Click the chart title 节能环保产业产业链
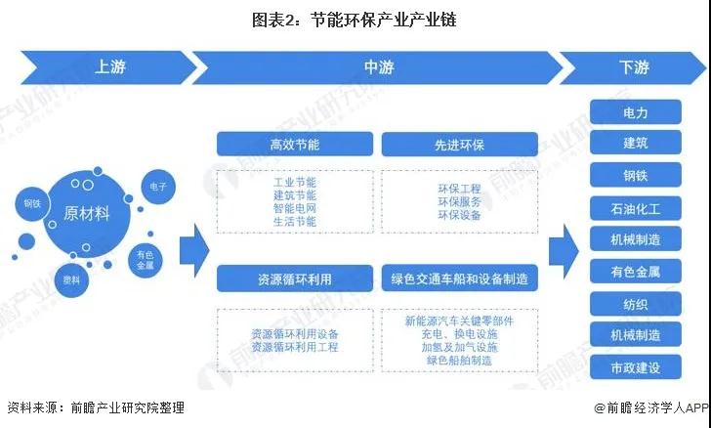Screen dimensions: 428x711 (355, 19)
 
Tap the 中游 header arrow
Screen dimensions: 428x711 (377, 67)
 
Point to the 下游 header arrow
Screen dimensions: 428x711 (634, 67)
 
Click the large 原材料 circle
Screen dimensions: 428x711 (86, 213)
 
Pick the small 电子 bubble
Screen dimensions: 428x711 (157, 186)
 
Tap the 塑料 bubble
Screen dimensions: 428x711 (71, 278)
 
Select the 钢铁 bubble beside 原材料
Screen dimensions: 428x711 (31, 204)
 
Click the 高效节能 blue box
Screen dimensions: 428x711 (294, 145)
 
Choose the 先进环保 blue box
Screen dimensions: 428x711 (459, 145)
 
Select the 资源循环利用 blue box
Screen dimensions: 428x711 (294, 278)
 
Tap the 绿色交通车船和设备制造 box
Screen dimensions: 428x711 (459, 278)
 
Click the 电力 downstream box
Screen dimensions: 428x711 (636, 112)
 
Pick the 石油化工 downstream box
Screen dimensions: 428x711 (636, 207)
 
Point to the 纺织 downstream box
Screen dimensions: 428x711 (636, 304)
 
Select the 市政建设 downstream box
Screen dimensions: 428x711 (636, 367)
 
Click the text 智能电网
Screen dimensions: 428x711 (295, 208)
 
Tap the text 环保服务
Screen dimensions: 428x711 (459, 200)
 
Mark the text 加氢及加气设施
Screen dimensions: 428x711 (459, 346)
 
